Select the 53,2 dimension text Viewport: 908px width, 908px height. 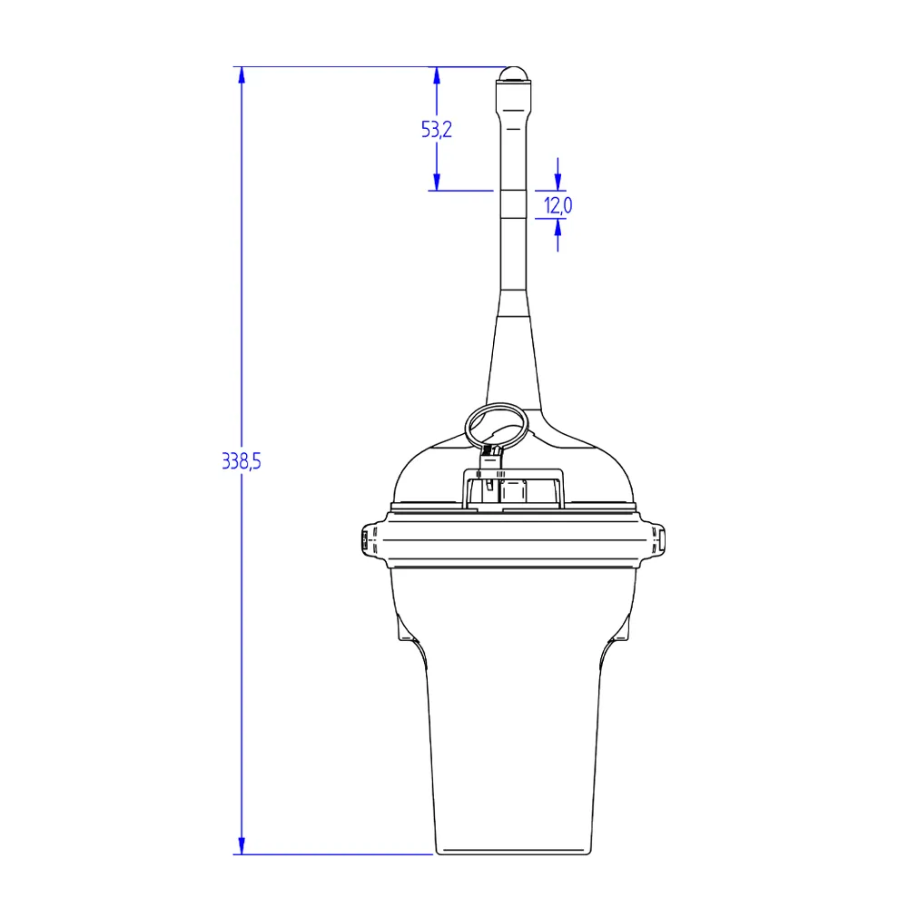pos(437,129)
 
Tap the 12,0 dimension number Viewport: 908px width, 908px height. pos(558,205)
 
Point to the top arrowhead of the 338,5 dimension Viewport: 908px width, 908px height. pos(242,74)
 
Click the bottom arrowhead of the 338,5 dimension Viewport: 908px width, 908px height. pos(242,846)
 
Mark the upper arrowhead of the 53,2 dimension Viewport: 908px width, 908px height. pos(437,75)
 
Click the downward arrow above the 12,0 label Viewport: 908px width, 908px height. pos(558,182)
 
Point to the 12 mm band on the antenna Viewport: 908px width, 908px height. pos(513,204)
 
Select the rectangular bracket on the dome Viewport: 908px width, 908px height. pos(513,489)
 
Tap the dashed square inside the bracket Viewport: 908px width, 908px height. pos(513,493)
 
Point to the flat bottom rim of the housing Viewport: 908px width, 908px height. pos(514,851)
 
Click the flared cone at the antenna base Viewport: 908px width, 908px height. pos(514,363)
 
